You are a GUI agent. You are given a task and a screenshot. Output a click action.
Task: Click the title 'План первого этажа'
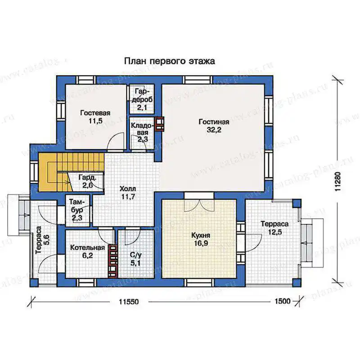(x=170, y=61)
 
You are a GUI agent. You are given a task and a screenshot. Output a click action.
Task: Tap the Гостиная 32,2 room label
(x=214, y=126)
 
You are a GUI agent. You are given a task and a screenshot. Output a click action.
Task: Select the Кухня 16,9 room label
(x=201, y=239)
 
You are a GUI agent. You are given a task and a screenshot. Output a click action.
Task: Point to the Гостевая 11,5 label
(x=95, y=117)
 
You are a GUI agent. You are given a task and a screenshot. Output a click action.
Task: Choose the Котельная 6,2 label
(x=87, y=252)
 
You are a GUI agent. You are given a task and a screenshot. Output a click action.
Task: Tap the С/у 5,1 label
(x=136, y=259)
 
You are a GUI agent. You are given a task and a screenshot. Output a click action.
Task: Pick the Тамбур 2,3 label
(x=77, y=210)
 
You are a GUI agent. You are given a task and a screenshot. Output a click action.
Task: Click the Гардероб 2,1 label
(x=142, y=99)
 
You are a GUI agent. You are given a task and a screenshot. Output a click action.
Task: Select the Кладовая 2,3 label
(x=142, y=132)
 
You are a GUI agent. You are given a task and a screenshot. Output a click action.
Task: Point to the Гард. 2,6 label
(x=87, y=181)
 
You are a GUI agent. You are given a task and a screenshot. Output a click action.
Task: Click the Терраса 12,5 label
(x=274, y=228)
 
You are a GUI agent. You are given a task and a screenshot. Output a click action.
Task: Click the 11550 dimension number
(x=129, y=301)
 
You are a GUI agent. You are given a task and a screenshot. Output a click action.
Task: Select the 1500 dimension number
(x=283, y=301)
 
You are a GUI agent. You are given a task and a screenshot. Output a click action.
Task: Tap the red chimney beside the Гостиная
(x=160, y=124)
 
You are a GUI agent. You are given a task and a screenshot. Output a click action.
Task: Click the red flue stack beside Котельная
(x=113, y=261)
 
